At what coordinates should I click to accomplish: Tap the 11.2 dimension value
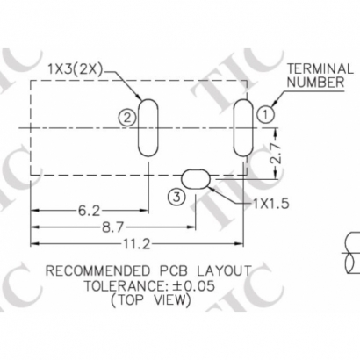point(136,243)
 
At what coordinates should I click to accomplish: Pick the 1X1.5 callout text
point(270,204)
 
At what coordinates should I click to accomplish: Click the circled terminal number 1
point(265,112)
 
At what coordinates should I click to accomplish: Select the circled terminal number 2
point(128,116)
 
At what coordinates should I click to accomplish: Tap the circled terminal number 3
point(177,198)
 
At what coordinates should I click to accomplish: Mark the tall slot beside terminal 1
point(241,126)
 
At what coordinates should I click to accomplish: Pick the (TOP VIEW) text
point(150,300)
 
